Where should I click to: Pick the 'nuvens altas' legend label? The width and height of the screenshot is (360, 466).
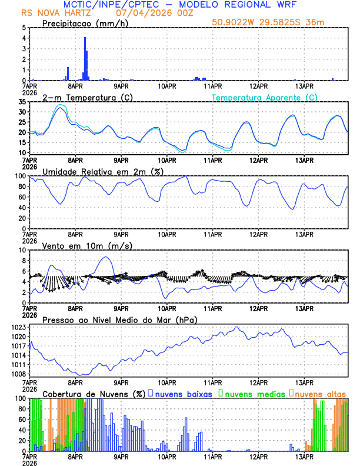pyautogui.click(x=319, y=393)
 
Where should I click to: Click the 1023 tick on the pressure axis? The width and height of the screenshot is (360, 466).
pyautogui.click(x=19, y=327)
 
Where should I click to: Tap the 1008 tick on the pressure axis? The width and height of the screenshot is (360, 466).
pyautogui.click(x=19, y=374)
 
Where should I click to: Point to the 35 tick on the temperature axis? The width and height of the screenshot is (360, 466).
pyautogui.click(x=23, y=102)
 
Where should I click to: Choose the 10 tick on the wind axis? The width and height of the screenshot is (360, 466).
pyautogui.click(x=23, y=250)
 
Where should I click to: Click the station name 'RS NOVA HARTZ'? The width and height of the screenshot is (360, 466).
pyautogui.click(x=48, y=12)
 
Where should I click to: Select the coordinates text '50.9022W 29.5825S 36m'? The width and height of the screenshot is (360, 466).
pyautogui.click(x=268, y=23)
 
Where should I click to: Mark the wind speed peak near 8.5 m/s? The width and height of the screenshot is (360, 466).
pyautogui.click(x=105, y=257)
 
